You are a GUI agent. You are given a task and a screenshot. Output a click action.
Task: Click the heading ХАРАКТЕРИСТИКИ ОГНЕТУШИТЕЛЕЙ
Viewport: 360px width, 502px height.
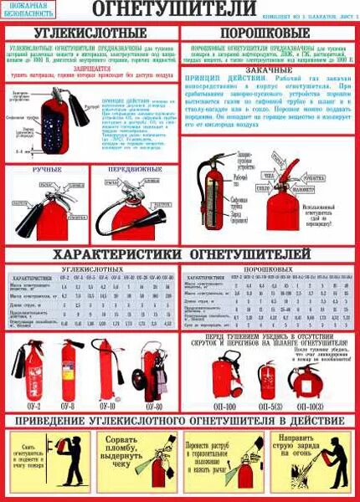point(181,252)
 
